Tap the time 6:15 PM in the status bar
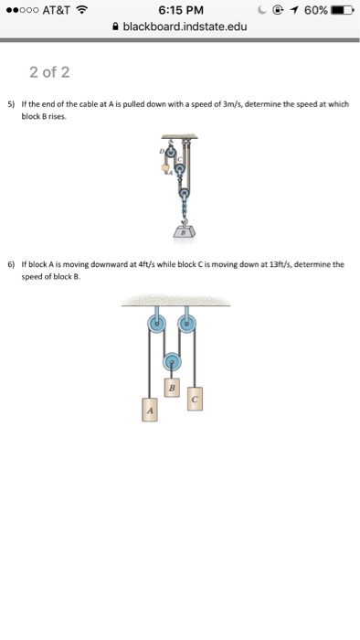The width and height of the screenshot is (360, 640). (x=179, y=10)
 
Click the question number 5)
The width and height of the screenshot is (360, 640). (x=12, y=105)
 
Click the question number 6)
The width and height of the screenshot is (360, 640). (x=12, y=264)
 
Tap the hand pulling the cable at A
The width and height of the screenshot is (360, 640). (x=165, y=168)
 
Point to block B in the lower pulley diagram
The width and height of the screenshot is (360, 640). (x=171, y=389)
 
